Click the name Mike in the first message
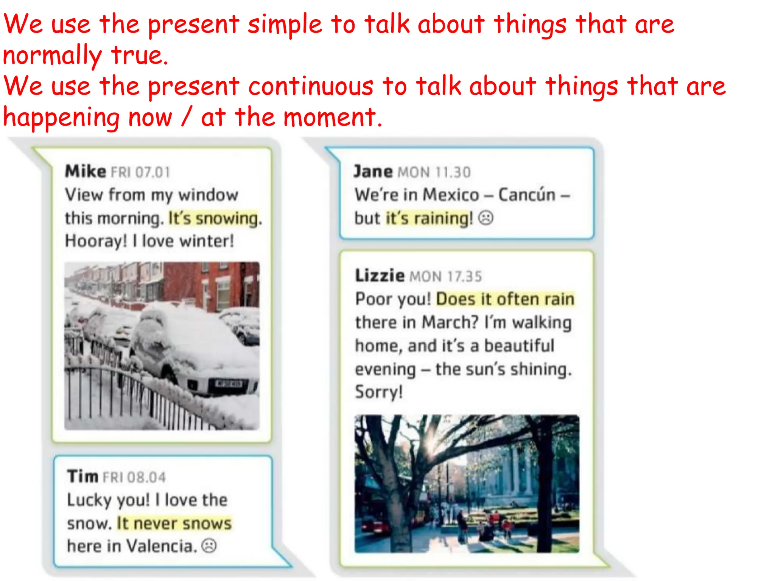[86, 171]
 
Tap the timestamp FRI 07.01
[140, 172]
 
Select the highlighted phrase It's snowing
[214, 218]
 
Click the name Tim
[82, 476]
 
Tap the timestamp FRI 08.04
[134, 477]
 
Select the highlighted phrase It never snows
[174, 524]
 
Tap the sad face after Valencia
[209, 546]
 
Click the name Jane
[373, 172]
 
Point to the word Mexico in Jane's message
[451, 195]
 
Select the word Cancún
[526, 195]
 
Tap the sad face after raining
[486, 218]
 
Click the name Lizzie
[380, 275]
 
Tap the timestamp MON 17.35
[446, 277]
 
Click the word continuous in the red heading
[311, 86]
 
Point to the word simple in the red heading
[285, 24]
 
